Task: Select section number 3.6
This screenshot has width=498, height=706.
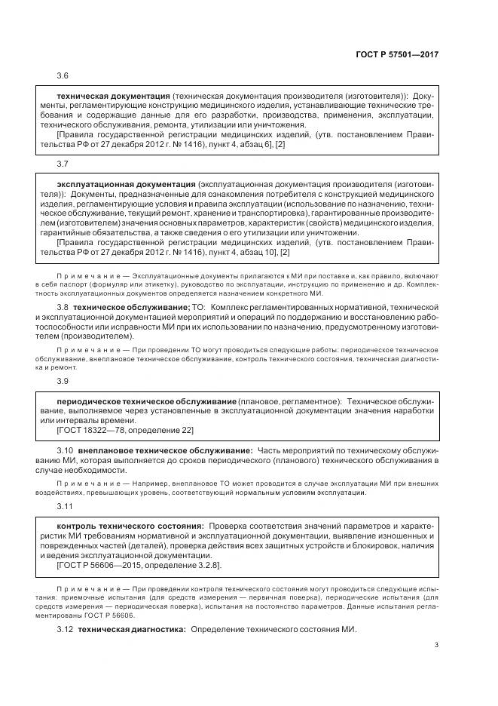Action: [63, 77]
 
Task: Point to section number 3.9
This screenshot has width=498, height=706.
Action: [63, 381]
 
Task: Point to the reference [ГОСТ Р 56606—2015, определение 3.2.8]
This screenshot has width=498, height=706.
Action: [140, 564]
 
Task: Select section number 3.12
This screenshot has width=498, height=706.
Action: [65, 629]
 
